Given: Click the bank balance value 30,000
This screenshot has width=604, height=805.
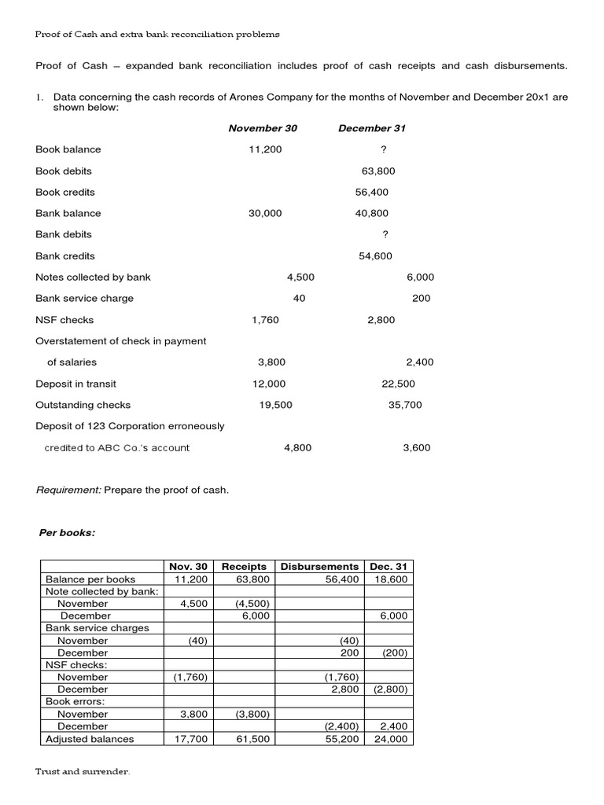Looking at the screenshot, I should click(265, 213).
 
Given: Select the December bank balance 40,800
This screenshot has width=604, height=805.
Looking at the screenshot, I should click(371, 213).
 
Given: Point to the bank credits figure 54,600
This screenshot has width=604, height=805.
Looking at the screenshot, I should click(375, 255).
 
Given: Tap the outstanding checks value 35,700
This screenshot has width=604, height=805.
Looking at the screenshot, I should click(405, 405).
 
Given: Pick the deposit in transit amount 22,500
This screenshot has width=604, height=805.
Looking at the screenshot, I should click(398, 384).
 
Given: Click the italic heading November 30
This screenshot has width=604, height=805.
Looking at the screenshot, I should click(263, 128).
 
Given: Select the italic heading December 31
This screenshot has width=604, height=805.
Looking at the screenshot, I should click(372, 128).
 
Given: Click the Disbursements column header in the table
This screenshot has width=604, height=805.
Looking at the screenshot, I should click(319, 566).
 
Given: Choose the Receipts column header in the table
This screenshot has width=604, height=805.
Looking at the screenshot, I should click(244, 566).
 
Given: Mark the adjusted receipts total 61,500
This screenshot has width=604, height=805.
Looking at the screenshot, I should click(253, 739).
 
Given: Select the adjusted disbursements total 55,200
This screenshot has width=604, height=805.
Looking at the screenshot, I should click(342, 739).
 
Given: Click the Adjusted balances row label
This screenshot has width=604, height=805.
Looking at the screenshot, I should click(90, 739).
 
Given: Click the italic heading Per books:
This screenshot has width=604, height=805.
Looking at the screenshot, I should click(67, 532).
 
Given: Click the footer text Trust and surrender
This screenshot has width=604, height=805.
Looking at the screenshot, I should click(83, 772).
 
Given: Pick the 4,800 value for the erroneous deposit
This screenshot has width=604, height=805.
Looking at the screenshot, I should click(297, 447).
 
